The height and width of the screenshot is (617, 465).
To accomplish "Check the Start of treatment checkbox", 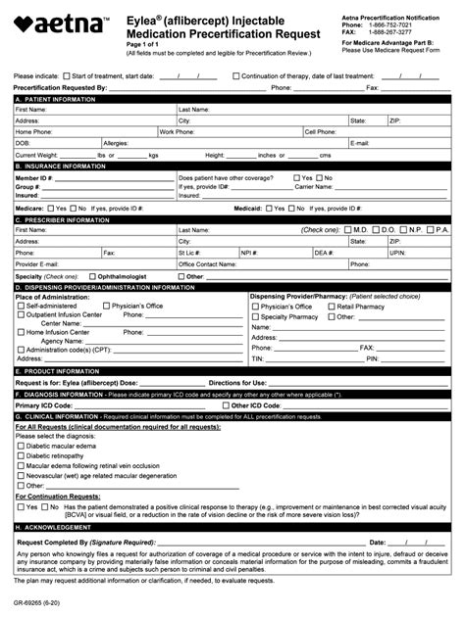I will click(67, 75).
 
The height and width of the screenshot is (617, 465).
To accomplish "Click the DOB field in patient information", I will click(59, 143).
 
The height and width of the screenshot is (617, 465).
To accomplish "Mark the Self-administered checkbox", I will click(23, 307).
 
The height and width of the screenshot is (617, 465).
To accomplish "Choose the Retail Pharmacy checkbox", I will click(330, 307).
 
